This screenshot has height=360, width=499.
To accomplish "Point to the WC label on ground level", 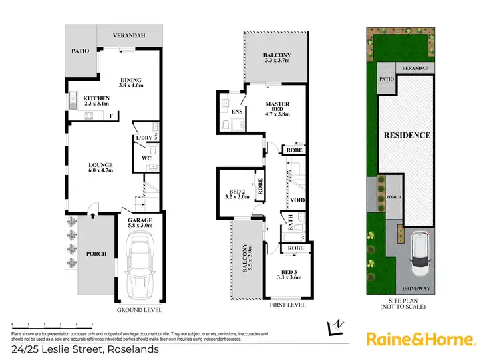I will point(145,158).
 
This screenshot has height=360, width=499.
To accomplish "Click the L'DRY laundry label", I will point(143,138).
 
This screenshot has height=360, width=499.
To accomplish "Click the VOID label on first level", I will point(297,199).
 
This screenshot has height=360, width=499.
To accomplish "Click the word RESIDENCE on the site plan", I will point(407,135).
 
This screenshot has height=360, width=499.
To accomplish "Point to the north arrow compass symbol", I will point(337,327).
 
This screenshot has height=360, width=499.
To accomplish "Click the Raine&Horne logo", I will point(421,339).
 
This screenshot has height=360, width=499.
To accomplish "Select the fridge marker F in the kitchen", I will point(110,116).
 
